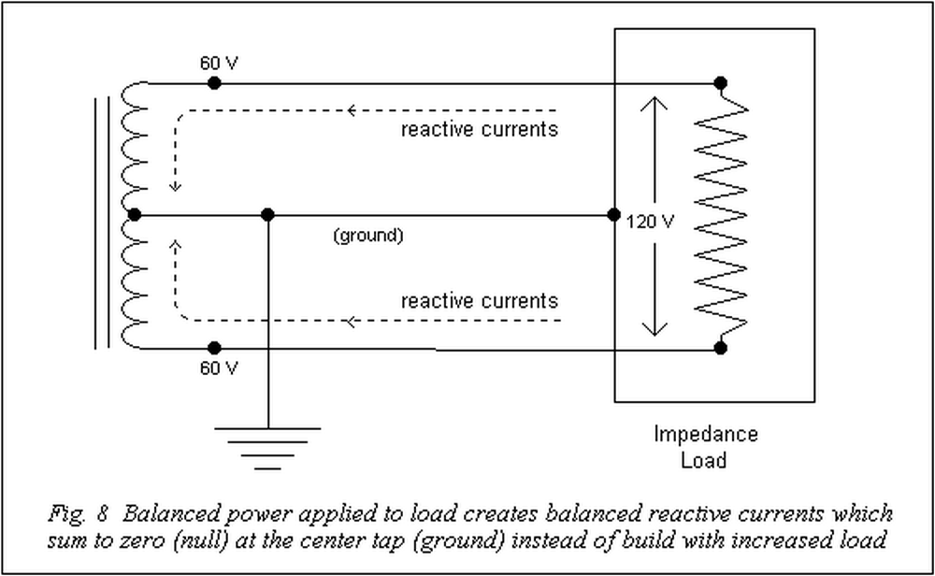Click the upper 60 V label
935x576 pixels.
[x=219, y=64]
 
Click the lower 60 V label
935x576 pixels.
[x=219, y=367]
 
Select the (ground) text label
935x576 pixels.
[x=367, y=236]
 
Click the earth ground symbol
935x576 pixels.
[x=267, y=445]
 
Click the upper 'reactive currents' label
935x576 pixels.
[x=479, y=128]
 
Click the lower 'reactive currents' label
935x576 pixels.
[x=479, y=301]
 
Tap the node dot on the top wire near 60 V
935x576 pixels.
[x=214, y=83]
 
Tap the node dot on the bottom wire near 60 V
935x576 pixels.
[x=214, y=349]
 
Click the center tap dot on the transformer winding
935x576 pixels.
[x=134, y=215]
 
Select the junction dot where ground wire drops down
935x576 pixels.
[x=267, y=215]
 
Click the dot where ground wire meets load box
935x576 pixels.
[x=613, y=215]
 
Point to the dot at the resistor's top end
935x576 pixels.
[x=720, y=83]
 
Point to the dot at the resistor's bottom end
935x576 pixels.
[x=720, y=349]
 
